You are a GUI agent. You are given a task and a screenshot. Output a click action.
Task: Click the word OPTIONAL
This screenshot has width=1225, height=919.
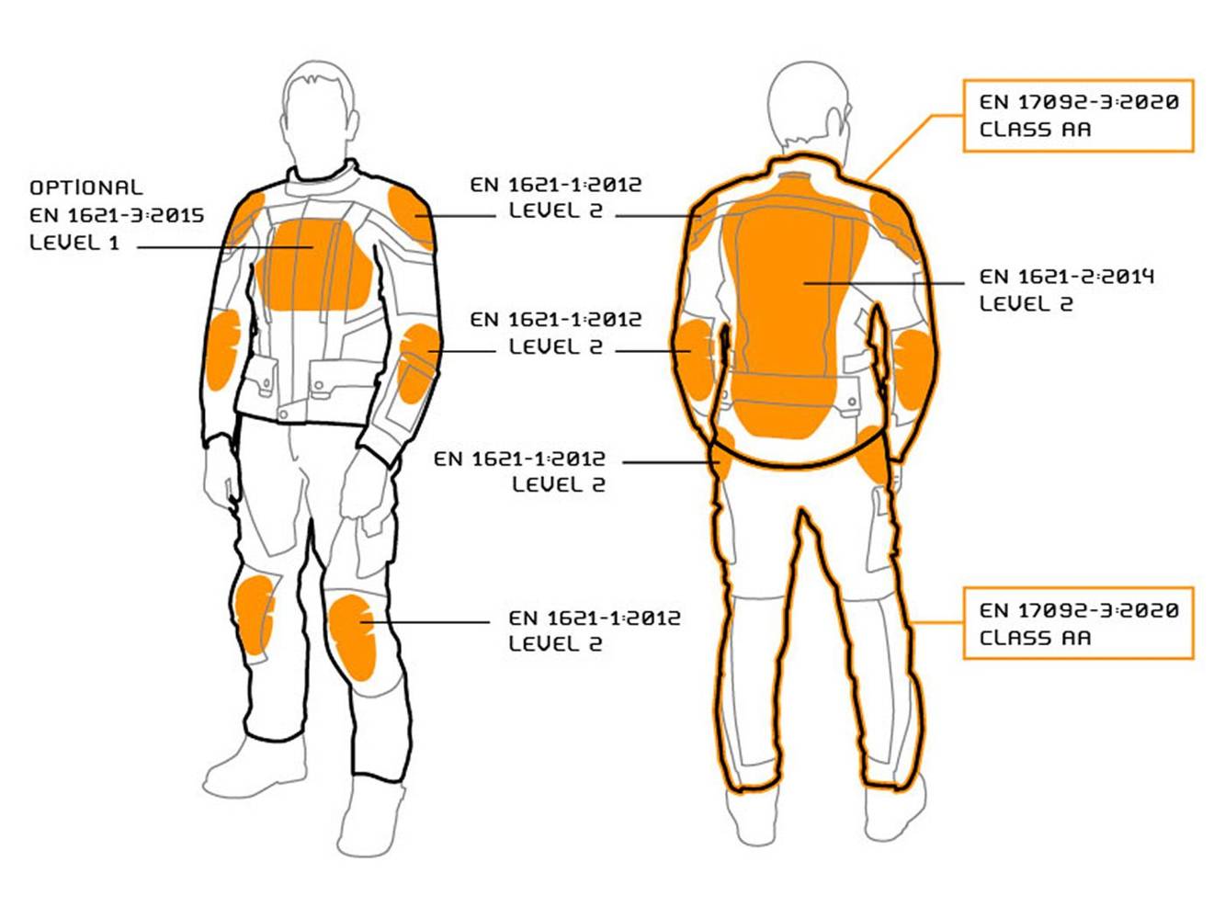pyautogui.click(x=85, y=187)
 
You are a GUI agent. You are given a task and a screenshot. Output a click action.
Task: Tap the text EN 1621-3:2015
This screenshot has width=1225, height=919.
pyautogui.click(x=117, y=215)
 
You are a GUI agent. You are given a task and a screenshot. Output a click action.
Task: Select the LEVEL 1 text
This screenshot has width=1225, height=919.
pyautogui.click(x=74, y=243)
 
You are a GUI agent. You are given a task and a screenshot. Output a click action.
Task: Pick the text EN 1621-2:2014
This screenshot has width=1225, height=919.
pyautogui.click(x=1066, y=276)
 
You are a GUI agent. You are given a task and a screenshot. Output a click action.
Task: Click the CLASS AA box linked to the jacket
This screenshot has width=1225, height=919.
pyautogui.click(x=1077, y=116)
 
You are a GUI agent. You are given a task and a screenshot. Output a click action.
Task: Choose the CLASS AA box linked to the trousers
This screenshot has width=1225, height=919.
pyautogui.click(x=1077, y=623)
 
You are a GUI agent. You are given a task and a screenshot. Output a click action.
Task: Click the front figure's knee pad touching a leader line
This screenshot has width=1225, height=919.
pyautogui.click(x=353, y=634)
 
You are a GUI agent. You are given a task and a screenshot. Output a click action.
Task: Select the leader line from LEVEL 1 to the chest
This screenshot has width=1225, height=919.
pyautogui.click(x=225, y=246)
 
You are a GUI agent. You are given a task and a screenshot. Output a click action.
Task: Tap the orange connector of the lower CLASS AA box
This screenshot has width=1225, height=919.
pyautogui.click(x=937, y=623)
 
